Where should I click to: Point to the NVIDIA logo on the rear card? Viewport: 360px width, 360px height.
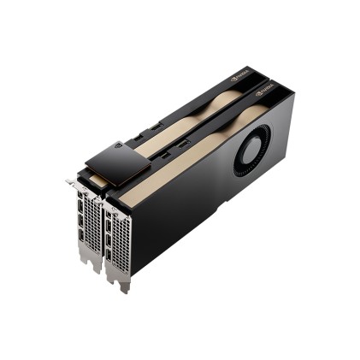[x=240, y=76]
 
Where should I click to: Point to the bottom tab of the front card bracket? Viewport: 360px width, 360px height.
[x=124, y=286]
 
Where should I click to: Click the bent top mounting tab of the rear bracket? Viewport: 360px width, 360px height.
[x=71, y=181]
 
